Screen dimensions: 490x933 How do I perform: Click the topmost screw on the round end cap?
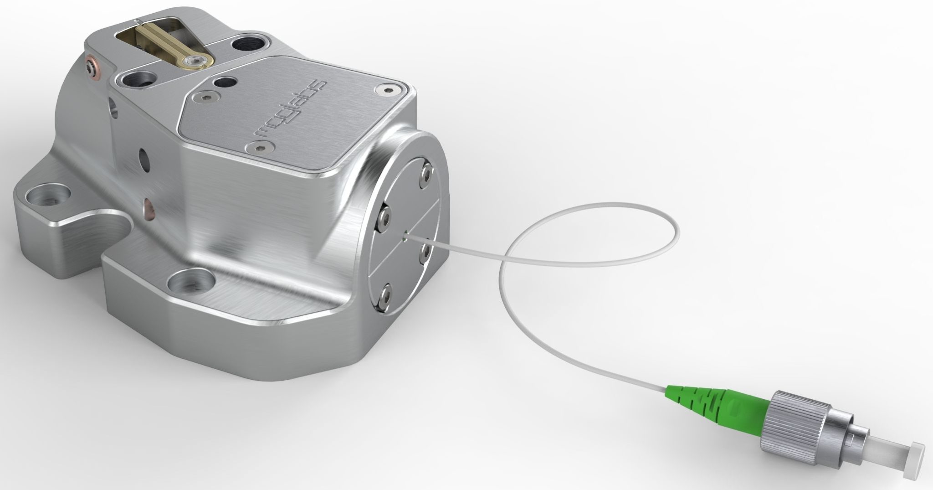pyautogui.click(x=427, y=173)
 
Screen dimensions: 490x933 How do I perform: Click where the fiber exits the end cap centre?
pyautogui.click(x=405, y=236)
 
